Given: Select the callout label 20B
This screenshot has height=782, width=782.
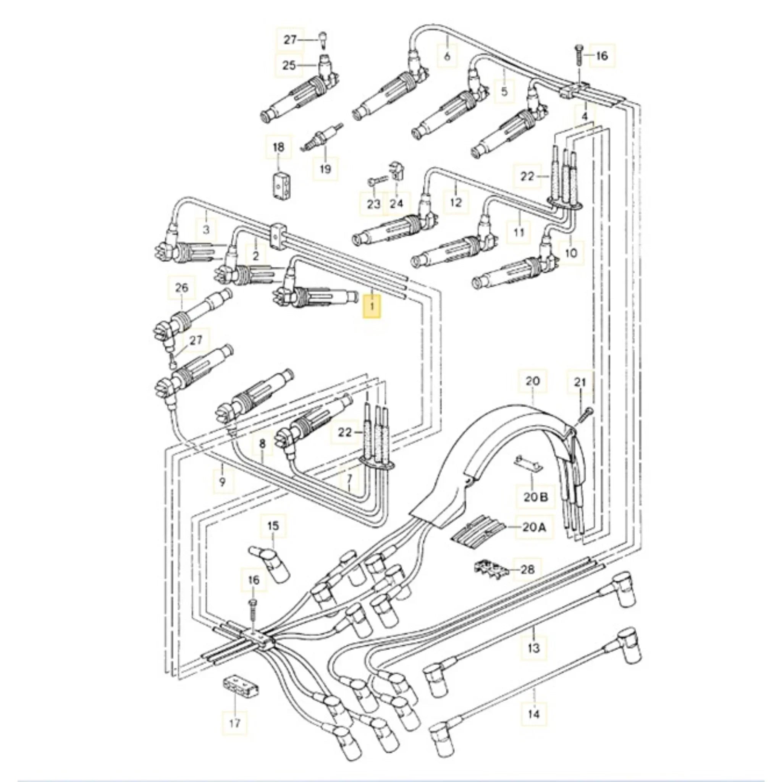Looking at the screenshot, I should click(x=533, y=496).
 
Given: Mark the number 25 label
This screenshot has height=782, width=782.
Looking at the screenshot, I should click(x=289, y=65).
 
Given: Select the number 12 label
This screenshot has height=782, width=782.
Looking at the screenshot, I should click(x=456, y=202).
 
